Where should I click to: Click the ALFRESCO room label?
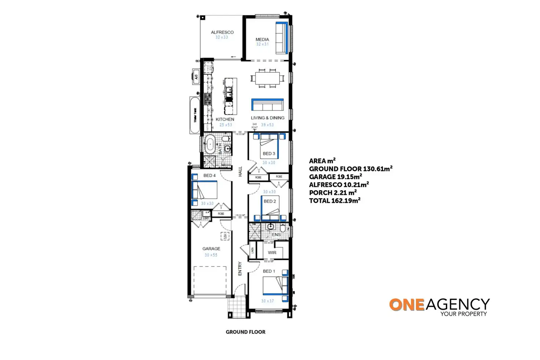click(222, 32)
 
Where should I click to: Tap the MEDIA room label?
click(262, 39)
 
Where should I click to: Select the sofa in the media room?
click(282, 38)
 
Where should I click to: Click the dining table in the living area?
click(267, 78)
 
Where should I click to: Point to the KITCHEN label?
click(225, 119)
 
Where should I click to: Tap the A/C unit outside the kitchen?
click(196, 77)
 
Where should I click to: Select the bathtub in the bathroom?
click(210, 145)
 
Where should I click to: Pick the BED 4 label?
click(209, 175)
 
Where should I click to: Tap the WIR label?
click(272, 252)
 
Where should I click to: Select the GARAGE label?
click(211, 248)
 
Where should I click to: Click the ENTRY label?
click(240, 268)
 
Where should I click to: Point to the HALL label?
click(240, 171)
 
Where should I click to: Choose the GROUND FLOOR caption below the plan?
click(245, 332)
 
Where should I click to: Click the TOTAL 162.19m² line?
click(335, 200)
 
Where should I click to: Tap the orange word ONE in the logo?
click(406, 305)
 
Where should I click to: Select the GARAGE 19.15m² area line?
click(335, 177)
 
